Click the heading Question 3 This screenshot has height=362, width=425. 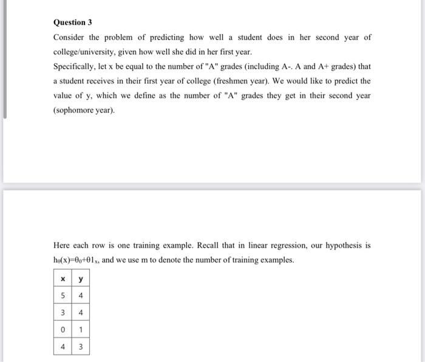tap(72, 22)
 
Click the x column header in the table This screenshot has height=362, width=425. tap(63, 279)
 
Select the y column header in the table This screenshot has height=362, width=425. tap(81, 279)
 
